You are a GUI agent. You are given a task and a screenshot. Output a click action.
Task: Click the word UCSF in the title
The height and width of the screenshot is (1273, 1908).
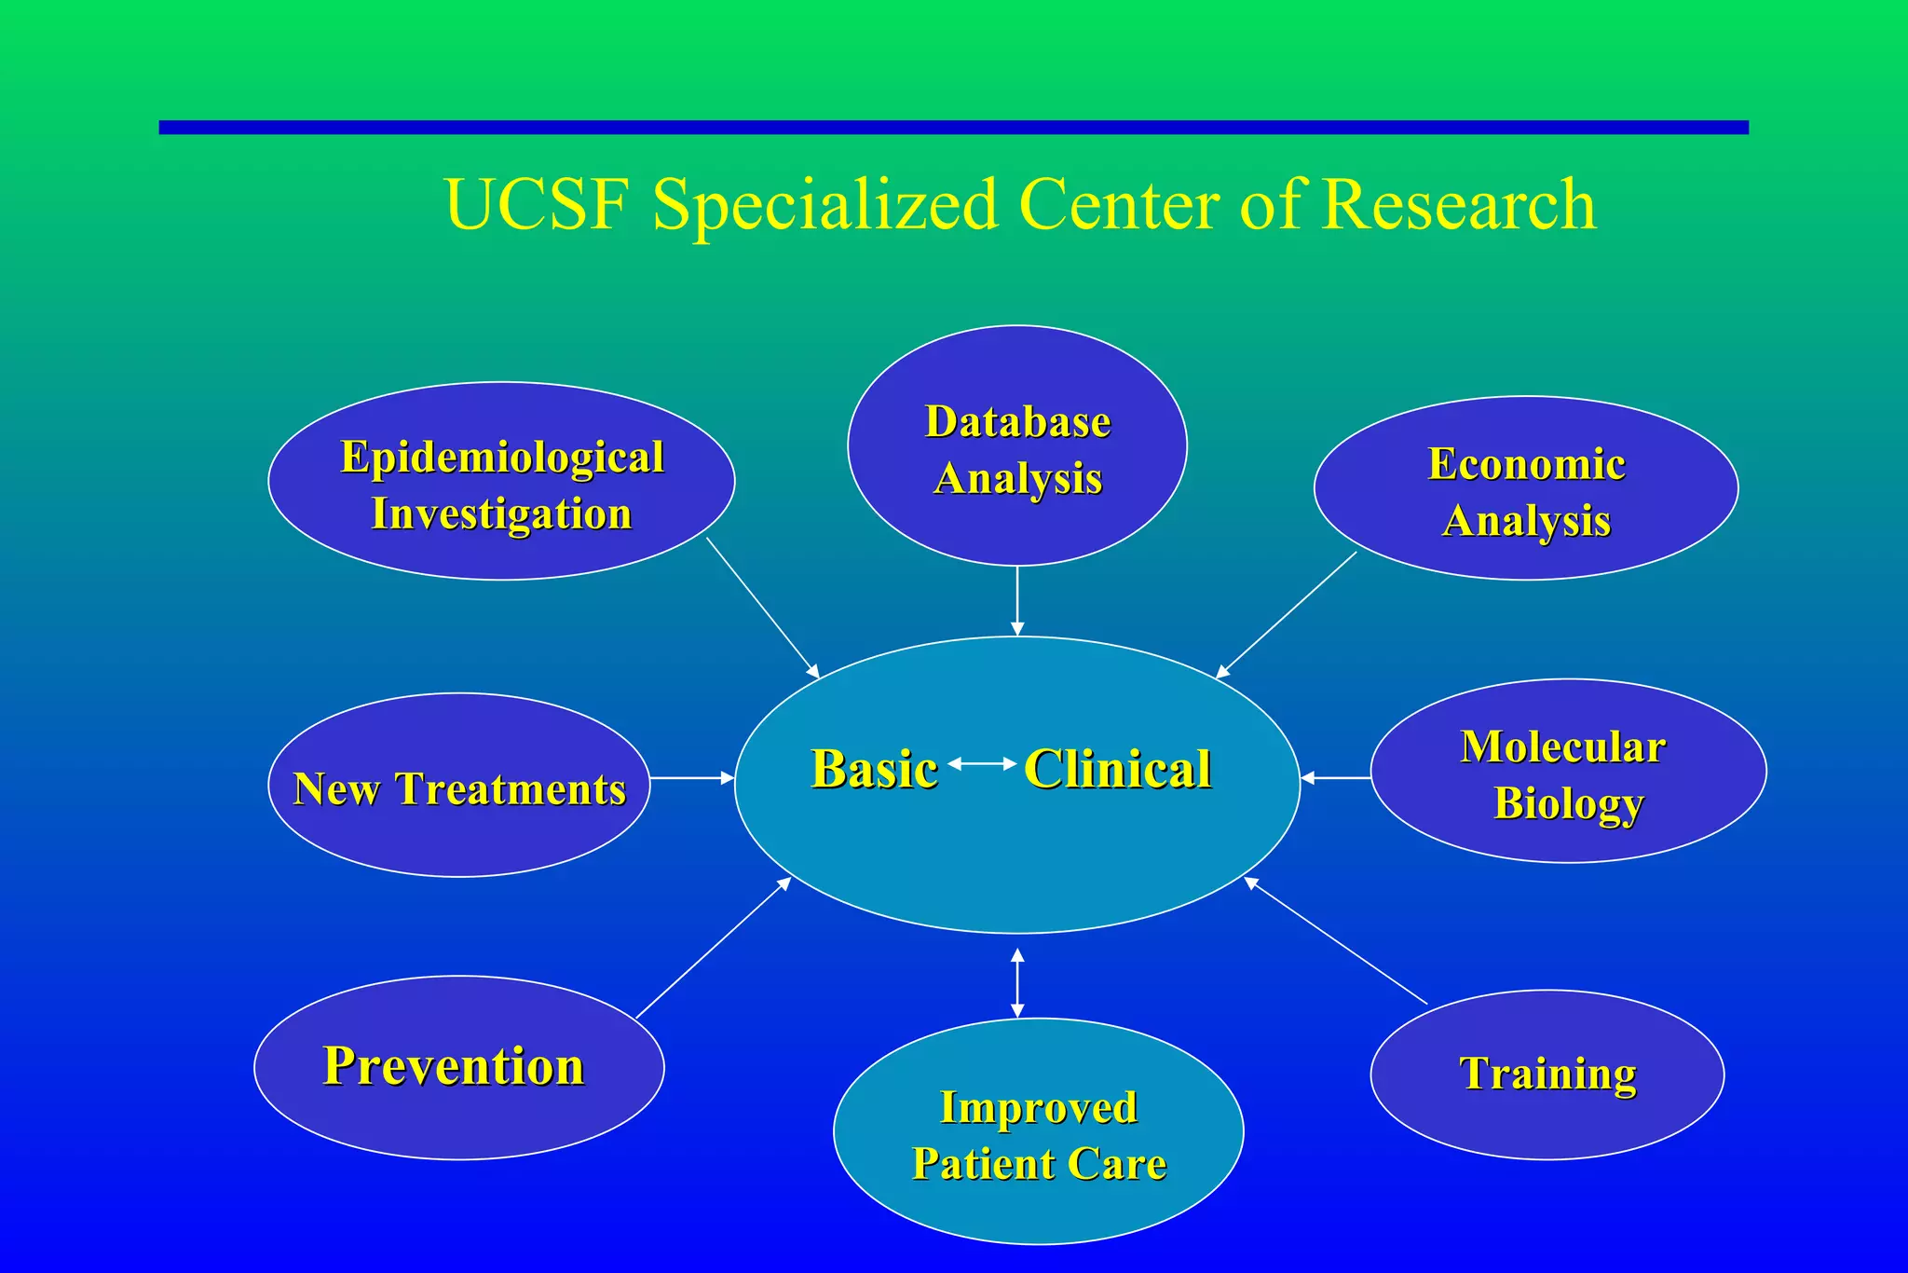537,205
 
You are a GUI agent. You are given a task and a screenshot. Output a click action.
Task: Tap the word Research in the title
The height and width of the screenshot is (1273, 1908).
1458,205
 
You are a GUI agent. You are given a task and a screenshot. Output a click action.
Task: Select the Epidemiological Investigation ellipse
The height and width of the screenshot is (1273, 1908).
501,482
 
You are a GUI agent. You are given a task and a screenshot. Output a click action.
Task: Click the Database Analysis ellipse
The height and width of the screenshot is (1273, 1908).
1017,445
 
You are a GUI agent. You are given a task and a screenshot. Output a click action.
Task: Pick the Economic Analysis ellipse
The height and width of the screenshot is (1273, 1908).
1526,488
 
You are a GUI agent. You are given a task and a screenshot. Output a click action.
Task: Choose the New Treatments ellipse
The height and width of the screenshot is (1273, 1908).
459,785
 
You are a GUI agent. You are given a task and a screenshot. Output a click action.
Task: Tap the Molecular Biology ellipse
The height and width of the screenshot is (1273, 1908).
1568,772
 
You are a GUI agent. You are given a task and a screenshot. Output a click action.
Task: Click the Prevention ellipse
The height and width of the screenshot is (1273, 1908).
459,1068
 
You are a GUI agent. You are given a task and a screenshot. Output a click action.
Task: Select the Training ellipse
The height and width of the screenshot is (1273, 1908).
1547,1075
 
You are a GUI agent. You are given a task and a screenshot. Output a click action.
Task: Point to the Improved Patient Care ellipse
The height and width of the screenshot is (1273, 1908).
1038,1132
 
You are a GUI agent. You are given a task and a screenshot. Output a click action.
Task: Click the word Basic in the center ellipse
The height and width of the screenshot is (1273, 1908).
874,770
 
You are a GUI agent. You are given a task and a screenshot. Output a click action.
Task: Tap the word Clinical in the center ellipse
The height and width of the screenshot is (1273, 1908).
1118,770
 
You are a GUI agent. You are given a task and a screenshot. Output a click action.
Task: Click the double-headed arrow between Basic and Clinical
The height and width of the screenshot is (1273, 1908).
982,764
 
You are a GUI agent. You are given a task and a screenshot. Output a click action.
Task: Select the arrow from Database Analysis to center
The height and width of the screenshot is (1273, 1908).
1017,601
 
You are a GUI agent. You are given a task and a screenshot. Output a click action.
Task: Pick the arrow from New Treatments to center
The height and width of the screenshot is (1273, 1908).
692,777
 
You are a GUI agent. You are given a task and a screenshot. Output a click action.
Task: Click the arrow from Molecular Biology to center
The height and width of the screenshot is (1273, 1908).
1335,777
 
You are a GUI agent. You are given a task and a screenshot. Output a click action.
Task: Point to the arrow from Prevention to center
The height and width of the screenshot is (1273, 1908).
714,948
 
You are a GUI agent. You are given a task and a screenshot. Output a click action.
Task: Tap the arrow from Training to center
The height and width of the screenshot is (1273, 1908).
1336,941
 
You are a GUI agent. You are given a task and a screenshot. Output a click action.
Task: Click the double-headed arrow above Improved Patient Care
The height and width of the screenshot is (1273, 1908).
1017,983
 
